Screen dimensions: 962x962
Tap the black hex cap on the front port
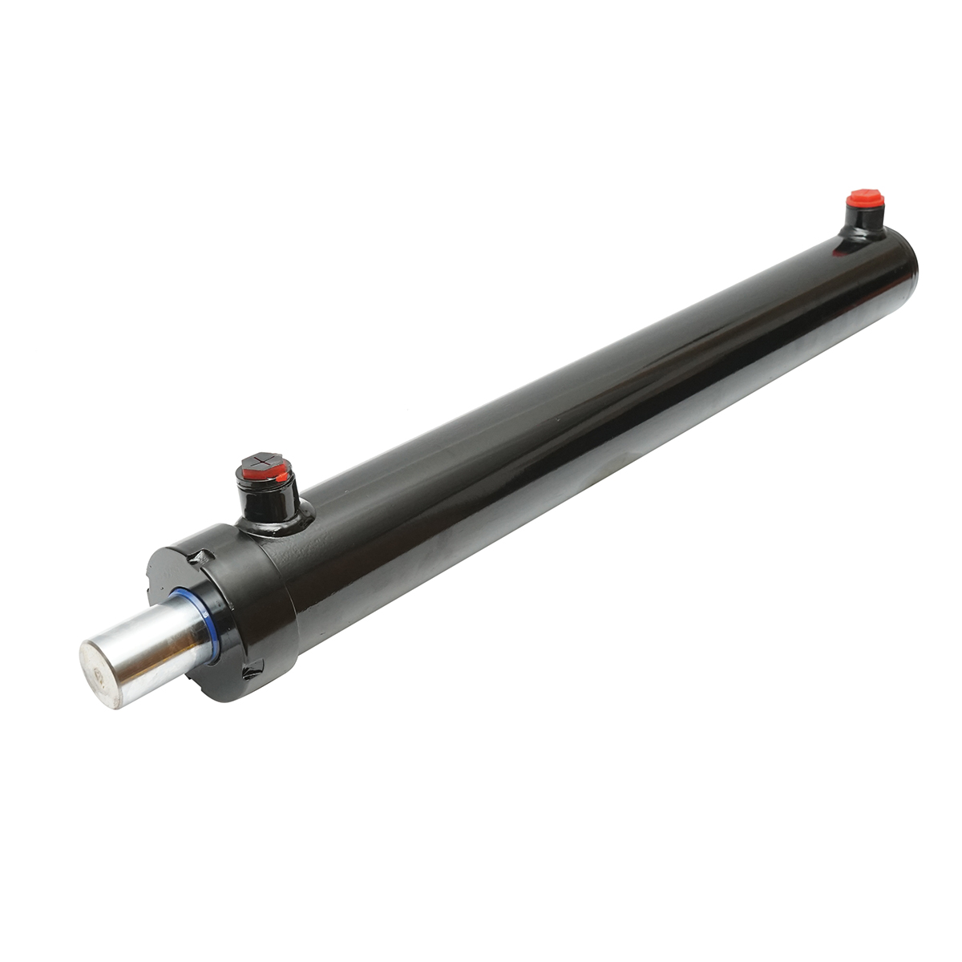(261, 463)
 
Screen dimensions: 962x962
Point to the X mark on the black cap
(261, 460)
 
